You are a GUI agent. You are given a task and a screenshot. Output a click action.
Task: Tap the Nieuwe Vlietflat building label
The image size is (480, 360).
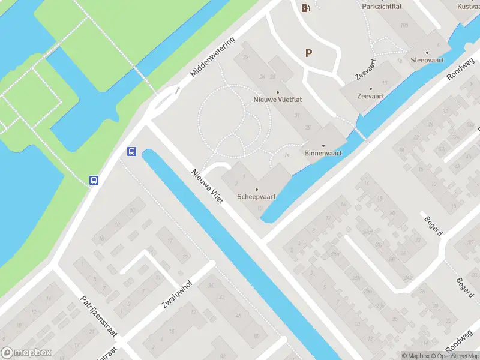(x=277, y=100)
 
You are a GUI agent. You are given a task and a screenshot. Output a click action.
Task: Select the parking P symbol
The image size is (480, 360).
(x=309, y=53)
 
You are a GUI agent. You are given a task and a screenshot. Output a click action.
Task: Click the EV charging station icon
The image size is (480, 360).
(x=305, y=7)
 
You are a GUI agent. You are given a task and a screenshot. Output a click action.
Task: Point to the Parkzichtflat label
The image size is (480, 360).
(x=382, y=6)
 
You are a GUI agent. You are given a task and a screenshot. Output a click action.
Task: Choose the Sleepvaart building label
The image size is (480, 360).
(x=427, y=61)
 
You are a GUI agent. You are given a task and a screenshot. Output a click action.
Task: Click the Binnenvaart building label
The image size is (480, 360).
(x=323, y=153)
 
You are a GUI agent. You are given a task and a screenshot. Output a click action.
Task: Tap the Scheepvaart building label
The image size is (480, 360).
(x=257, y=197)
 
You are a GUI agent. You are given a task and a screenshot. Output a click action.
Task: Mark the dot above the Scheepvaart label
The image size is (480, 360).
(x=257, y=190)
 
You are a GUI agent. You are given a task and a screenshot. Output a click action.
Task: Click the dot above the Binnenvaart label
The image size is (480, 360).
(x=323, y=146)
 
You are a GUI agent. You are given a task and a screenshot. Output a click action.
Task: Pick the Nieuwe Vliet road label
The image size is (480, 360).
(x=208, y=185)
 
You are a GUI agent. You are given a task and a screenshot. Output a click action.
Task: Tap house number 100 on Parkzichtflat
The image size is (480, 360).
(x=404, y=25)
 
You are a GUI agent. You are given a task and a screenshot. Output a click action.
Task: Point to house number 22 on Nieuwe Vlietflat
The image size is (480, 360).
(x=246, y=58)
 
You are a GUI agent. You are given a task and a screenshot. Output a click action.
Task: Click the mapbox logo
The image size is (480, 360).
(x=26, y=353)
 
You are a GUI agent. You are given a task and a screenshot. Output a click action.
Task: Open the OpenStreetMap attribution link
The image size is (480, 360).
(x=456, y=356)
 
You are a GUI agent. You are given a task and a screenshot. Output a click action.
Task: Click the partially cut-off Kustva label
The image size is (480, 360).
(x=468, y=6)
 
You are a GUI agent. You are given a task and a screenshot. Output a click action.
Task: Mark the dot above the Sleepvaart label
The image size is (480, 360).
(x=427, y=53)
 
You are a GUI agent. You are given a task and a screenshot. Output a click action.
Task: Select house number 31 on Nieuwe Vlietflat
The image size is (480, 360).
(x=297, y=115)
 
